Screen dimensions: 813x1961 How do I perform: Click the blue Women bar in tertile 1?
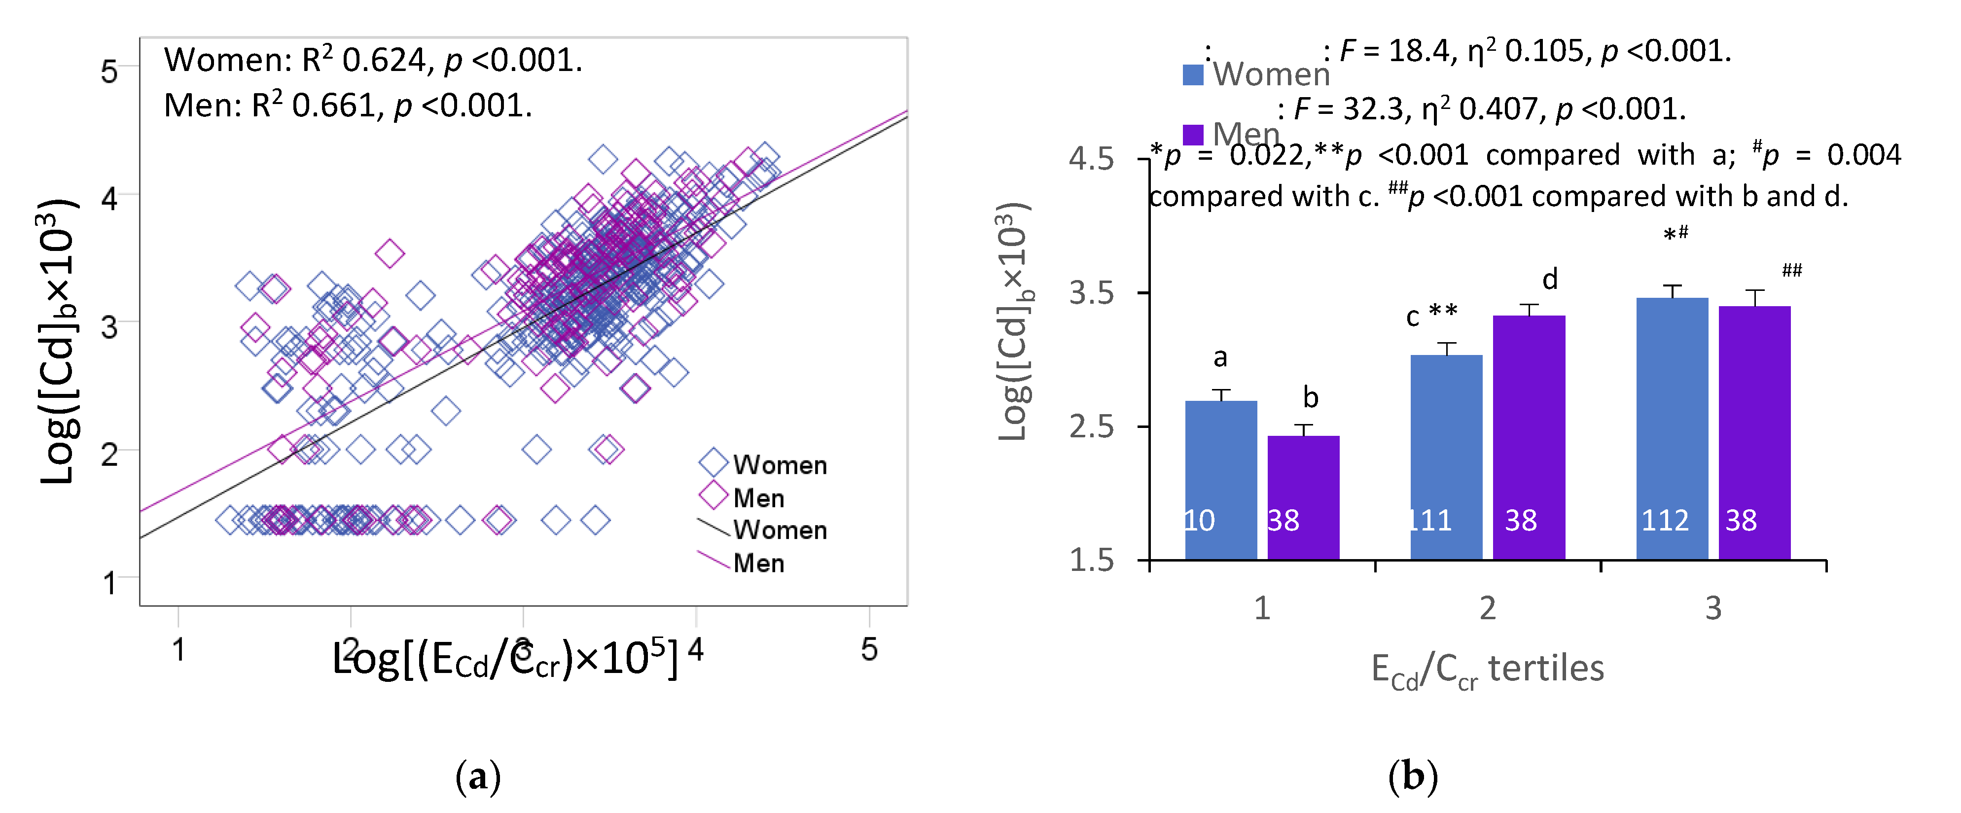click(1220, 480)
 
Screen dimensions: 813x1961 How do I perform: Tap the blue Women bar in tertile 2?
click(1446, 457)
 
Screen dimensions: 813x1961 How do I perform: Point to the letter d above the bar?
click(1550, 280)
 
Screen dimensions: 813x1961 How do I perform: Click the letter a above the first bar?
click(1220, 357)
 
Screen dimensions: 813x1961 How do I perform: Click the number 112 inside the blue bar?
click(1665, 521)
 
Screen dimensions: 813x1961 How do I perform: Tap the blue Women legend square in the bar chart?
click(1193, 74)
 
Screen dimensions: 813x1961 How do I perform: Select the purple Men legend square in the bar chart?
click(1193, 134)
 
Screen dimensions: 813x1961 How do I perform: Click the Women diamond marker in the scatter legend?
click(714, 462)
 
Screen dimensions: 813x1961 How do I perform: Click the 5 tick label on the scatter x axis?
click(869, 649)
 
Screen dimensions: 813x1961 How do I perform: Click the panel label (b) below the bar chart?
click(1412, 777)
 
